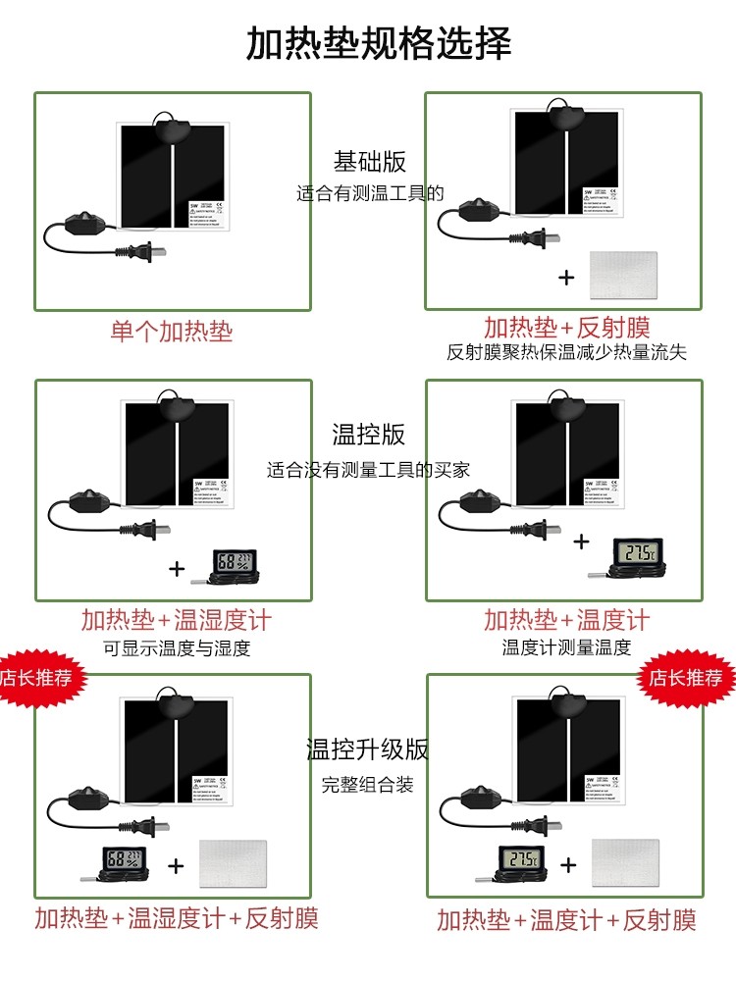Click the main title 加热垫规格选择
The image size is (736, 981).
[379, 44]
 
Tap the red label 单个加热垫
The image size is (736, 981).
[172, 331]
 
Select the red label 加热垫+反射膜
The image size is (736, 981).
[566, 328]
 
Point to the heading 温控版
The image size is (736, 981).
[368, 435]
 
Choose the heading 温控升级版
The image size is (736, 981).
[368, 750]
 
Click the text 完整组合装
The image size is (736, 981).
[368, 785]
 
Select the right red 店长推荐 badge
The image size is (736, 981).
[687, 678]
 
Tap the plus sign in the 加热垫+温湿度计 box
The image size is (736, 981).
[177, 568]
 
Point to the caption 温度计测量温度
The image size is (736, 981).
[566, 647]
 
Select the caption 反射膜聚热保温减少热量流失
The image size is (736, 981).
[566, 353]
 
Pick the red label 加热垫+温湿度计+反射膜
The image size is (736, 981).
[177, 919]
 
